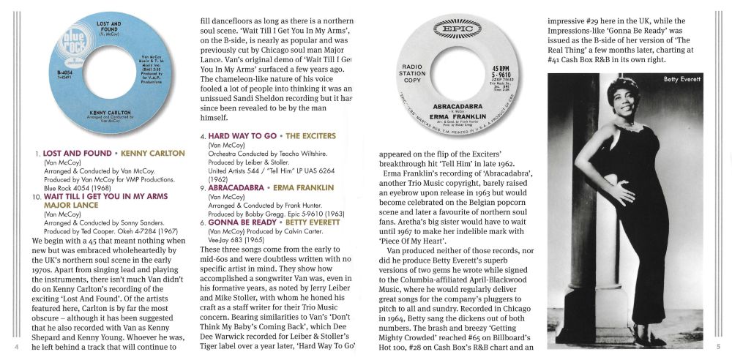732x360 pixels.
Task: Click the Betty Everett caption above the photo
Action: coord(682,78)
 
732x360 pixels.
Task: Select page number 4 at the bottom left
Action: coord(16,346)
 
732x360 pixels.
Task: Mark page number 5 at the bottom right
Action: coord(718,346)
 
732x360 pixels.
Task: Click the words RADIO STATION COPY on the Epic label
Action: coord(412,73)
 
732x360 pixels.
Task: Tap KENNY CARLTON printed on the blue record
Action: coord(108,114)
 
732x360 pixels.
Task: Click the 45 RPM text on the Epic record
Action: coord(501,69)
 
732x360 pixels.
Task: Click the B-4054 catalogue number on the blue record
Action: coord(61,73)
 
